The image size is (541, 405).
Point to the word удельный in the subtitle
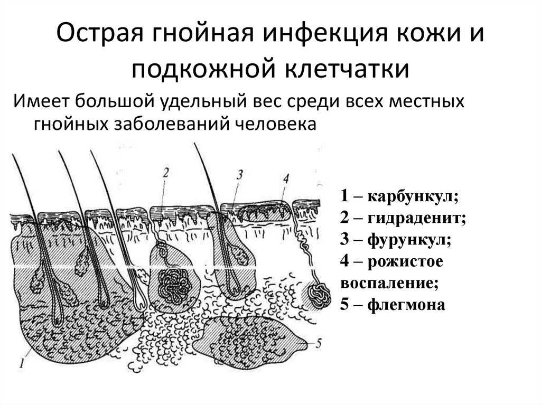203,102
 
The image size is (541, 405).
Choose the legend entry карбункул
413,196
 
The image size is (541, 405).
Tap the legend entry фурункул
409,239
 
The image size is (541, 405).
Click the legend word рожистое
405,261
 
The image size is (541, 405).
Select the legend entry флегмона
406,305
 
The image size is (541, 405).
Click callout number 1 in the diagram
22,363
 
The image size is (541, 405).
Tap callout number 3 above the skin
240,175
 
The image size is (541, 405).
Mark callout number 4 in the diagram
286,178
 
